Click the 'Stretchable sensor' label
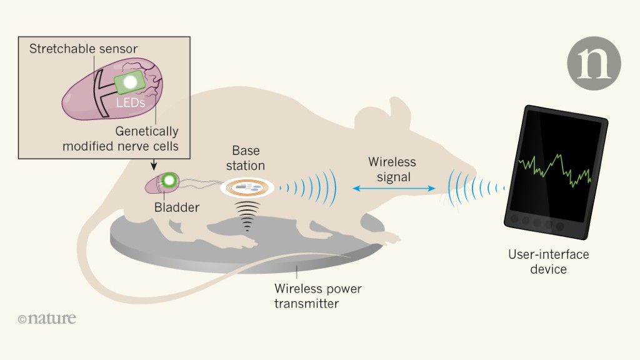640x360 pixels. point(83,49)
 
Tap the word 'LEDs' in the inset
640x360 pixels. point(131,102)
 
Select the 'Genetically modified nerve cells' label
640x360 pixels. point(120,139)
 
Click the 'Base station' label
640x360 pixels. point(246,158)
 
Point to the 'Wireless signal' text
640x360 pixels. point(392,169)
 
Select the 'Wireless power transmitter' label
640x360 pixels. point(317,296)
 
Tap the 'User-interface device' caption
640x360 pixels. point(548,262)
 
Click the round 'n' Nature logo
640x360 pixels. point(594,62)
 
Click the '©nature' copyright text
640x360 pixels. point(47,319)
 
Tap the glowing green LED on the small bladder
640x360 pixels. point(168,182)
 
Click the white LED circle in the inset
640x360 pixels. point(131,82)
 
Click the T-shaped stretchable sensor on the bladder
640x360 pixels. point(100,94)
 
